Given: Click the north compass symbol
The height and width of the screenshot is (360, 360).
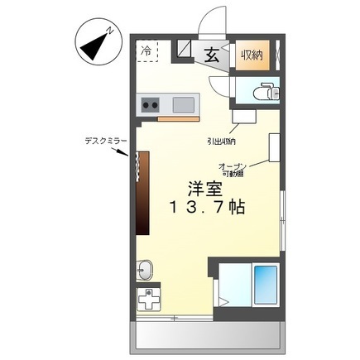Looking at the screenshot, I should pos(98,41).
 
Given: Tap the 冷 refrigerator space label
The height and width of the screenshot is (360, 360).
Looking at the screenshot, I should pos(146,51).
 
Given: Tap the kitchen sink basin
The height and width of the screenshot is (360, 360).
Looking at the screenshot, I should pos(184,104).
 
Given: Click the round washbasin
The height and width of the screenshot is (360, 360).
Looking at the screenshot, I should pos(146,269).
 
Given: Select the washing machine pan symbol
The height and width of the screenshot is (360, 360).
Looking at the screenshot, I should pos(150,300).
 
